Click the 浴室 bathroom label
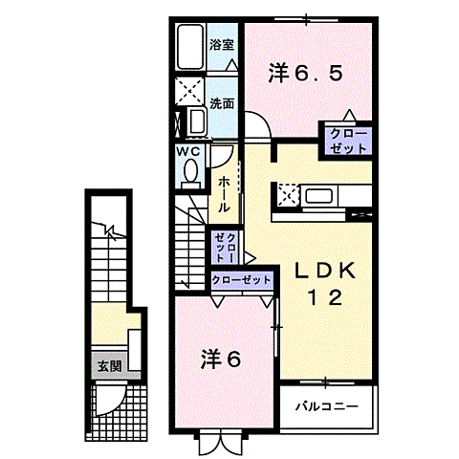[x=221, y=44]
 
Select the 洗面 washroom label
[x=221, y=102]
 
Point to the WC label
[x=186, y=151]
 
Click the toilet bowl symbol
[x=188, y=171]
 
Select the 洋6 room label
[x=220, y=360]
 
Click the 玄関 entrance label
[x=106, y=364]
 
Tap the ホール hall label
[x=223, y=193]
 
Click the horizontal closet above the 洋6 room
[x=240, y=280]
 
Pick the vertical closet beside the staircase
[x=226, y=246]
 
